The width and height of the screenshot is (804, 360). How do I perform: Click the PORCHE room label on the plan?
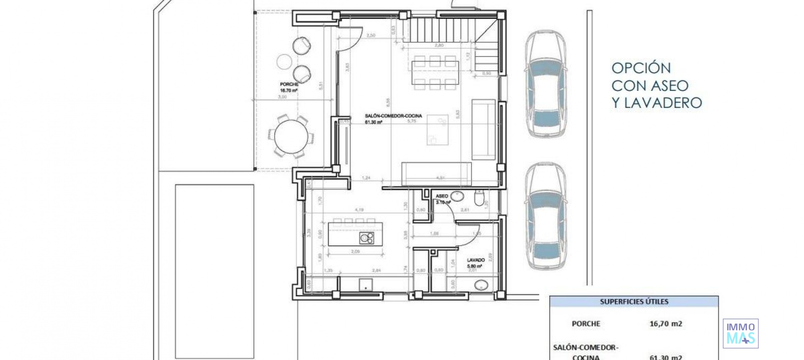click(x=289, y=85)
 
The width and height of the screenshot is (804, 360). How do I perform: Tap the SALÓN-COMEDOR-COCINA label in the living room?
click(x=393, y=116)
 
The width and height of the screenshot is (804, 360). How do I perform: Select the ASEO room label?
click(x=441, y=196)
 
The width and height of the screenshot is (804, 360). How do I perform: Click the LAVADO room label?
click(x=476, y=260)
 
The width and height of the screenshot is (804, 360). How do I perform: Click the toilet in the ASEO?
click(x=479, y=198)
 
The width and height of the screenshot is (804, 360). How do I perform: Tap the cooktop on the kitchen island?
click(x=366, y=238)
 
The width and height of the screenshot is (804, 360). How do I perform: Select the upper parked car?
click(x=546, y=84)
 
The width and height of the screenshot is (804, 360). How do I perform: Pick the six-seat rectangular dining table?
click(x=435, y=72)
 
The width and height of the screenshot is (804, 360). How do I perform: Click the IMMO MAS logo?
click(x=740, y=334)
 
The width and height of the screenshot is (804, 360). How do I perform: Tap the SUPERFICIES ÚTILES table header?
click(x=634, y=301)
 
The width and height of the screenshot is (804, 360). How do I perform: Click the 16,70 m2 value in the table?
click(x=665, y=324)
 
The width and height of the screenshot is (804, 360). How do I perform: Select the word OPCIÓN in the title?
click(x=641, y=68)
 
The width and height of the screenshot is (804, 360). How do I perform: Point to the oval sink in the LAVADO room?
click(x=481, y=285)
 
